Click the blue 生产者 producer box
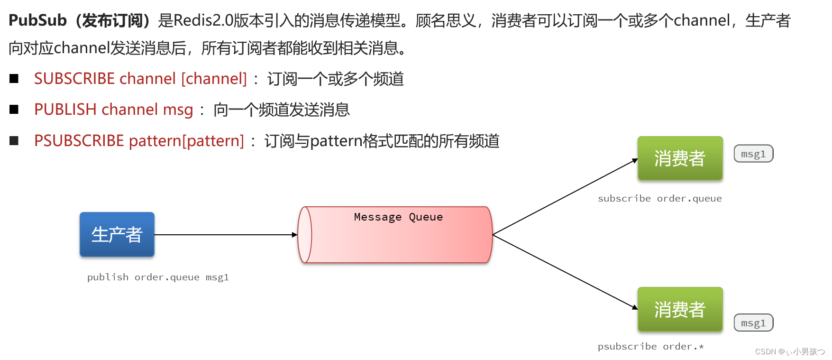coord(117,234)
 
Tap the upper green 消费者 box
coord(680,158)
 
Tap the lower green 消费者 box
coord(680,309)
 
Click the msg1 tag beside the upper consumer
coord(753,154)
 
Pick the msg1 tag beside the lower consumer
coord(753,323)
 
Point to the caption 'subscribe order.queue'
coord(659,198)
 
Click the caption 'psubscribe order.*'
coord(650,346)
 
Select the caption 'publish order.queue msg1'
coord(158,277)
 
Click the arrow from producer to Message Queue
coord(225,234)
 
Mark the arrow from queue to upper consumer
coord(564,197)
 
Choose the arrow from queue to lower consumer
coord(564,271)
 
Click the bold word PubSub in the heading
coord(38,20)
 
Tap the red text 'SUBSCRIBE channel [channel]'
coord(140,79)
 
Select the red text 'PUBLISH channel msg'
coord(114,110)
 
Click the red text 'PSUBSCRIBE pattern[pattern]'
coord(139,141)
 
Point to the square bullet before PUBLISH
coord(14,110)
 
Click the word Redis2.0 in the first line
coord(203,20)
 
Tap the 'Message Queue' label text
coord(398,217)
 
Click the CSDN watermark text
coord(789,351)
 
